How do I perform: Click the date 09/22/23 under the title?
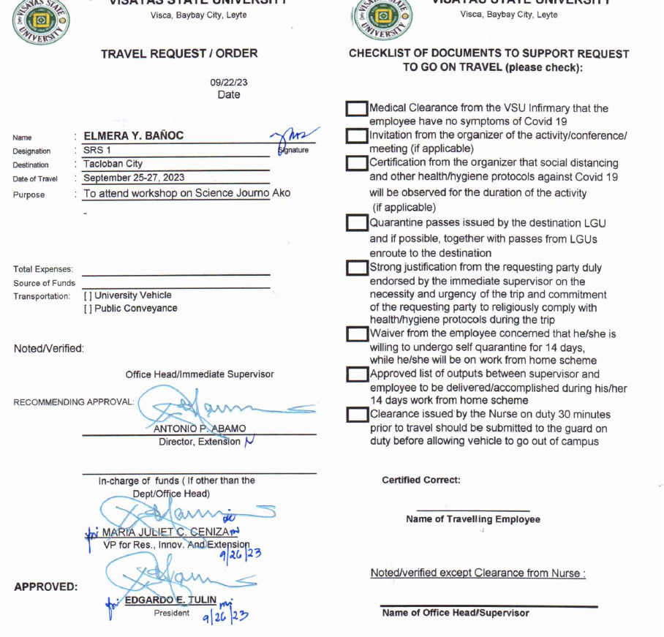[228, 83]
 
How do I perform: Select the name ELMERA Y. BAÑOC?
[134, 136]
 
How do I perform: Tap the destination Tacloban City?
[113, 164]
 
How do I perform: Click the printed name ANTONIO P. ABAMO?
[200, 429]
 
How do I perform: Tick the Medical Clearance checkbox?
[357, 109]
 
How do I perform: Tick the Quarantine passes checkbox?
[357, 223]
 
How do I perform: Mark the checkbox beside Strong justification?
[357, 268]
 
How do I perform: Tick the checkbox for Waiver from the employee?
[357, 334]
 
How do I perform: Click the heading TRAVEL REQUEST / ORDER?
[179, 53]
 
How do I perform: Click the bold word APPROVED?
[45, 587]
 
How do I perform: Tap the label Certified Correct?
[421, 480]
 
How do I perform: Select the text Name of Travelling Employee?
[473, 519]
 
